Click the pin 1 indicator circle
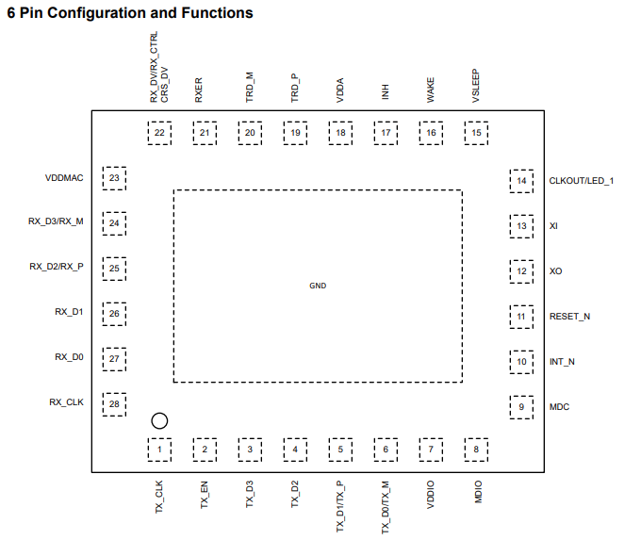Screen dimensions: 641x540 (x=159, y=413)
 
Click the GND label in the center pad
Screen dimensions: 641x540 (x=318, y=286)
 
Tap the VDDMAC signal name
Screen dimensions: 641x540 (x=64, y=178)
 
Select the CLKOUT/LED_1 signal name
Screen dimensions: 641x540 (x=582, y=181)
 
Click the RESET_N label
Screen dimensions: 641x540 (x=569, y=317)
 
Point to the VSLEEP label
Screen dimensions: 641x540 (x=476, y=86)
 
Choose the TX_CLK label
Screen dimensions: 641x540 (x=159, y=497)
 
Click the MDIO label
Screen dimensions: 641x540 (x=478, y=492)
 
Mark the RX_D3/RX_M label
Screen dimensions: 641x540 (x=56, y=221)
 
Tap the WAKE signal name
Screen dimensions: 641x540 (x=431, y=90)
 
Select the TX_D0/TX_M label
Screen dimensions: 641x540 (x=386, y=507)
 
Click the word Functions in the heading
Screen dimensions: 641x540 (x=217, y=13)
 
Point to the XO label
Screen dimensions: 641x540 (x=555, y=271)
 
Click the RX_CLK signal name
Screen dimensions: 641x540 (x=66, y=402)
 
